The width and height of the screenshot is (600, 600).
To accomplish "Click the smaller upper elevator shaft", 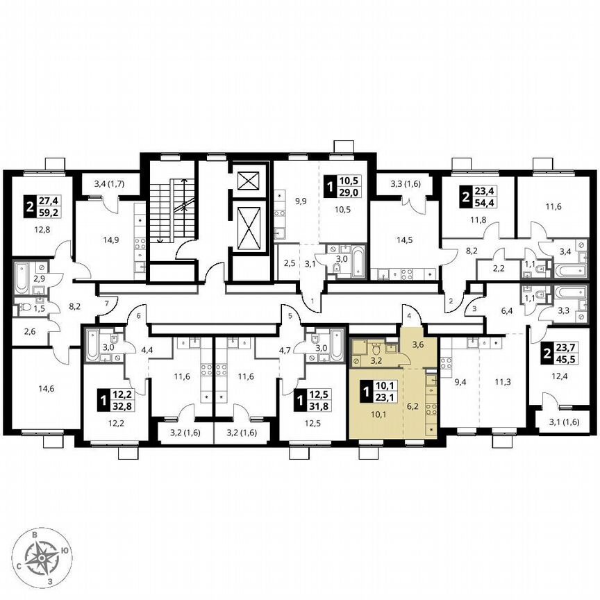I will pyautogui.click(x=248, y=181).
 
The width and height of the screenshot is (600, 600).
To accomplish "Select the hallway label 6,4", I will pyautogui.click(x=512, y=311).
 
